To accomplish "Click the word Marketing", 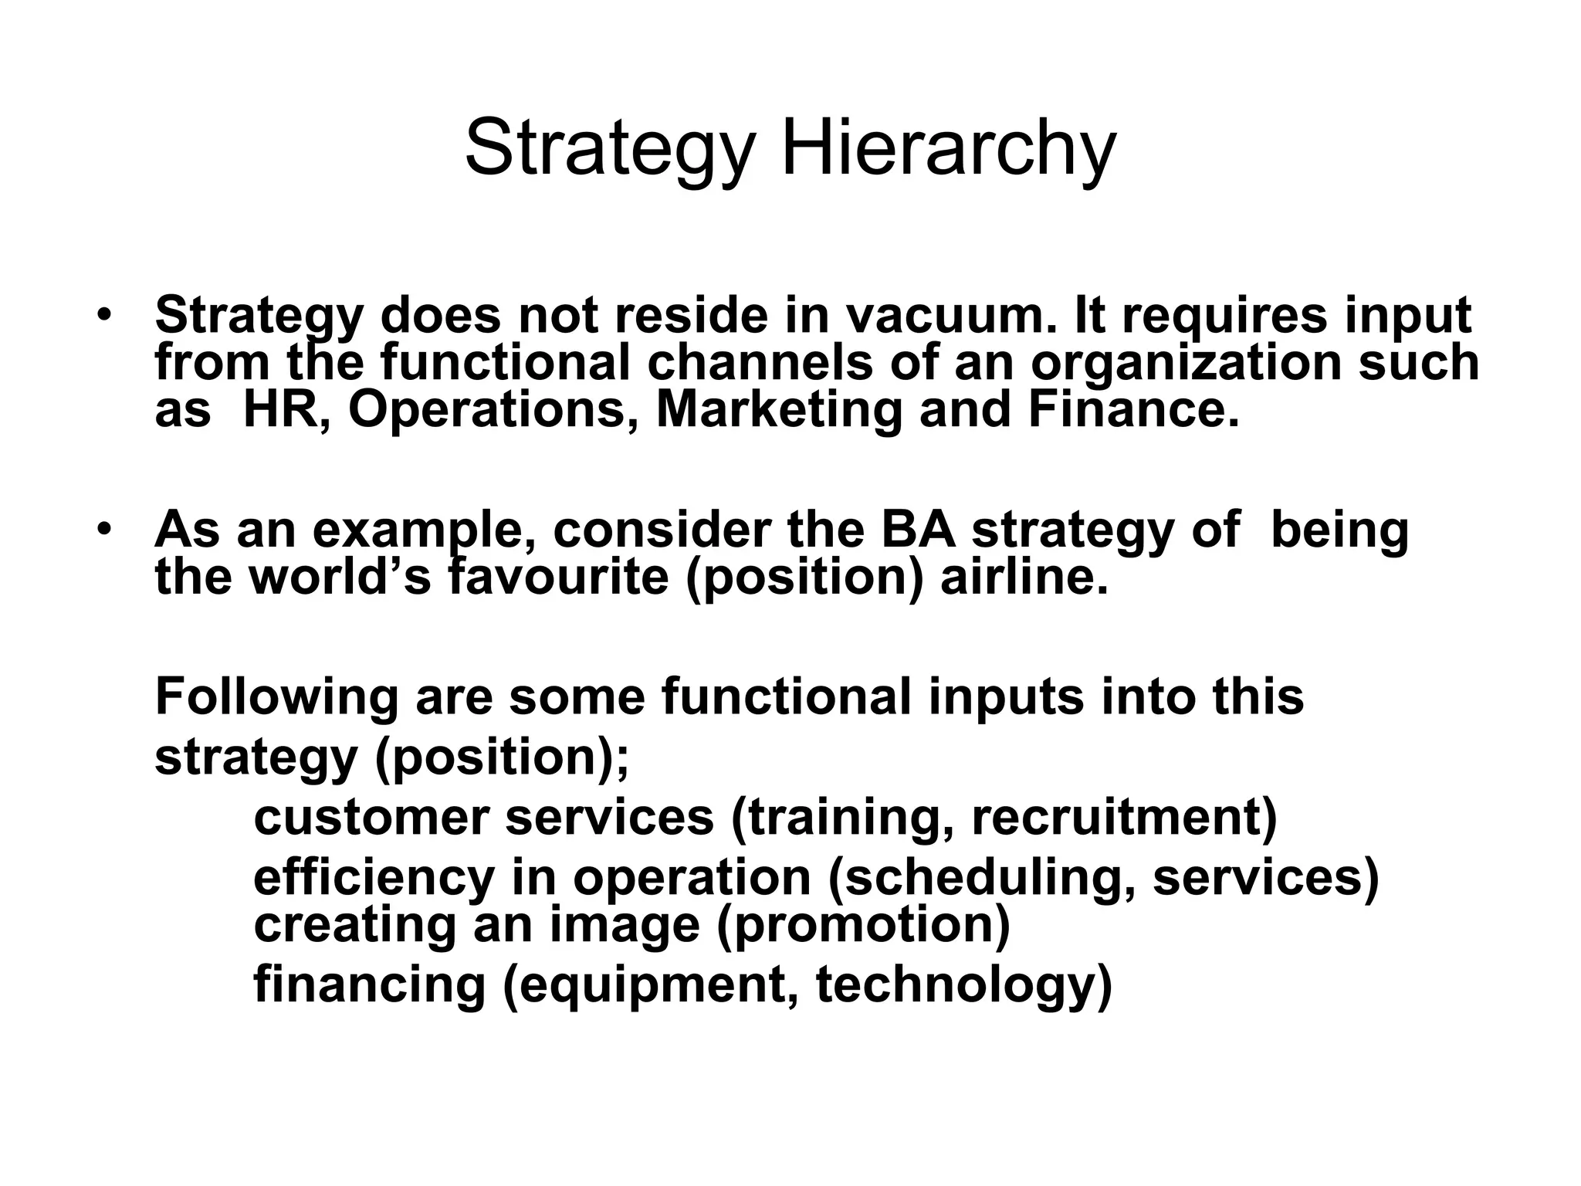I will click(x=779, y=411).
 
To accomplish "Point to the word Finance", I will click(x=1132, y=409).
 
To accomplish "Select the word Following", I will click(x=277, y=697).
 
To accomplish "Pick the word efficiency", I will click(x=374, y=878).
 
